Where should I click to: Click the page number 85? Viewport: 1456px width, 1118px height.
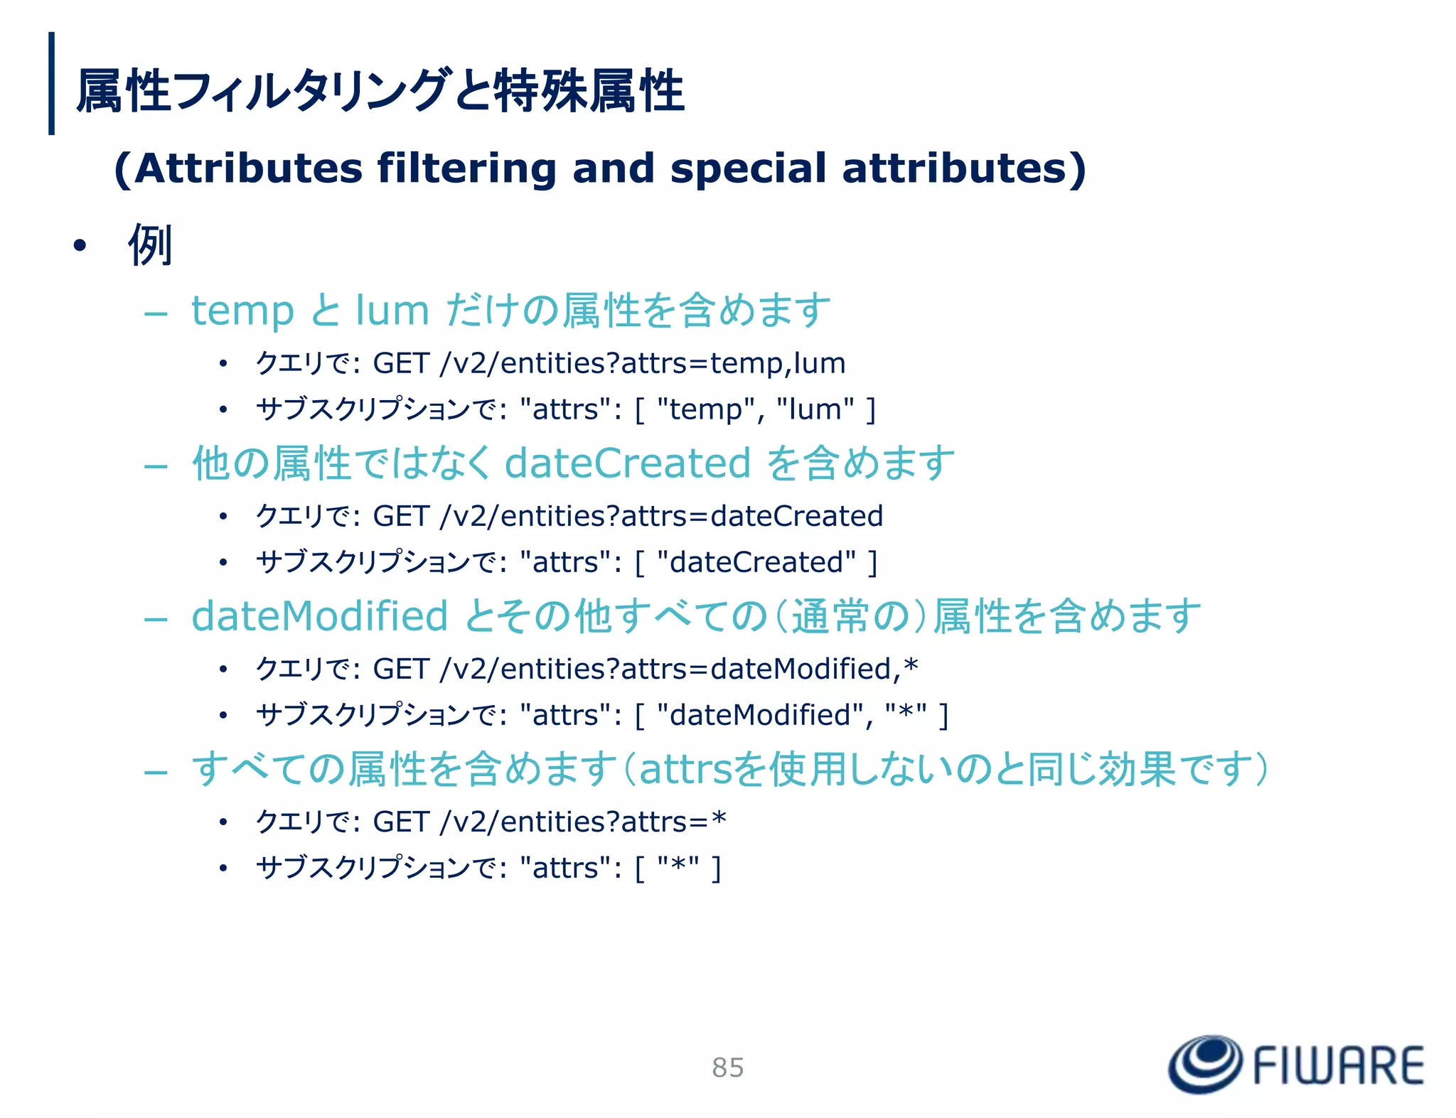pos(727,1068)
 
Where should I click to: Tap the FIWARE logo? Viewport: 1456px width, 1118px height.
pos(1296,1065)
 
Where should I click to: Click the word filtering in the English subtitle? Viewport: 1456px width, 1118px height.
pos(466,168)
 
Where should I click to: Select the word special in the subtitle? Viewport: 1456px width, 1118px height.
pos(748,168)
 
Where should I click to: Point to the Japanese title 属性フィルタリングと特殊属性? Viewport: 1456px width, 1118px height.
pos(380,91)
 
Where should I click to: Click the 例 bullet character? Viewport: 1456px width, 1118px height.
pos(150,245)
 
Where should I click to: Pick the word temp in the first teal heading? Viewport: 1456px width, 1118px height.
pos(242,311)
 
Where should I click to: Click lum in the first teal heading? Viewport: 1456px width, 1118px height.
pos(392,311)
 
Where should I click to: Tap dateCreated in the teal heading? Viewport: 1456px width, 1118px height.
pos(627,463)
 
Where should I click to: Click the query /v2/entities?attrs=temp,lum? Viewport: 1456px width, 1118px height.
pos(643,363)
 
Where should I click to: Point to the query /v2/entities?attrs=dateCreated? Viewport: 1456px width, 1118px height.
pos(661,516)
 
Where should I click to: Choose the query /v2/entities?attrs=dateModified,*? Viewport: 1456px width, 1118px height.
pos(679,669)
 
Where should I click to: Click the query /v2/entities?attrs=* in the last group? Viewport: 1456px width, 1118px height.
pos(583,822)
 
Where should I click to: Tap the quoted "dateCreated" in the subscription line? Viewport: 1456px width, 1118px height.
pos(756,562)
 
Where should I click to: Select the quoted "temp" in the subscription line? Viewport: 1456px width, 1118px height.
pos(706,409)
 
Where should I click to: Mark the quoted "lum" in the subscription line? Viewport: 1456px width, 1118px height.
pos(815,409)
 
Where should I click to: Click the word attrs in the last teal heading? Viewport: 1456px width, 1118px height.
pos(686,769)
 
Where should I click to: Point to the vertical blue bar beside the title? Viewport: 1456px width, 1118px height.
pos(51,83)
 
